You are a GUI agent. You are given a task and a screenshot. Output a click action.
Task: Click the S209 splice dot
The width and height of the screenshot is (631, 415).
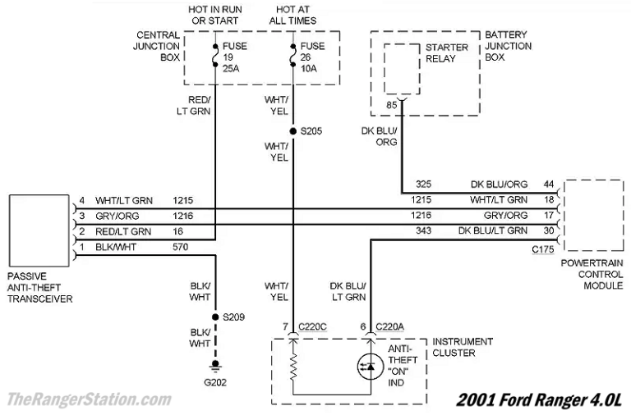click(x=215, y=316)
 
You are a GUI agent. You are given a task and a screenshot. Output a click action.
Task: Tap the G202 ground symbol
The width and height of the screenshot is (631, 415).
click(x=215, y=365)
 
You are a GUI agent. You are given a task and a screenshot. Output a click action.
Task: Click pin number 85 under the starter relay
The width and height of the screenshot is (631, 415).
click(x=391, y=105)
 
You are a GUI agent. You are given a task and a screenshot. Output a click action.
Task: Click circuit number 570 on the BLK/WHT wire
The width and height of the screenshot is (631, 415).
click(x=181, y=246)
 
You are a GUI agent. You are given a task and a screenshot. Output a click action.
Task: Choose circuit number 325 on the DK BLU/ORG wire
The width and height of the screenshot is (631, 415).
click(x=424, y=185)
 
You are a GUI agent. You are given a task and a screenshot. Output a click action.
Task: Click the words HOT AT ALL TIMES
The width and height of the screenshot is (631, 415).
click(x=292, y=15)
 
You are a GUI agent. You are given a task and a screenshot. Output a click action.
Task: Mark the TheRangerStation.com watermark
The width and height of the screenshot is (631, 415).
click(x=88, y=399)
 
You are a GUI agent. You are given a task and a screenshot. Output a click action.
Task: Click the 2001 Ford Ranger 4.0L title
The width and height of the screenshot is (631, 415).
click(x=539, y=399)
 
